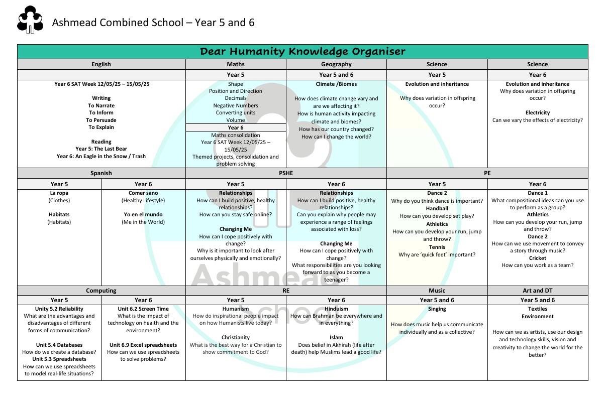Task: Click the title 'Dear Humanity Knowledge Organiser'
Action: click(x=303, y=52)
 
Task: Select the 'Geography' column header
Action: click(x=336, y=64)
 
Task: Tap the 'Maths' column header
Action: click(x=236, y=64)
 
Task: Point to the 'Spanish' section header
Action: click(x=101, y=173)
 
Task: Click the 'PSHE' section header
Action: click(x=286, y=173)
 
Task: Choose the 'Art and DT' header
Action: click(x=537, y=291)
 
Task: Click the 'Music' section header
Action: click(x=437, y=291)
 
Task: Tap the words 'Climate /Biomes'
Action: click(x=336, y=84)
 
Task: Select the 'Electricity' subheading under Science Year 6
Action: click(x=537, y=113)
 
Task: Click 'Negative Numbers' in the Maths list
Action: click(x=236, y=106)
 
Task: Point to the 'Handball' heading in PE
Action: click(x=437, y=208)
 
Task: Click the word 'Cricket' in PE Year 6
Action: click(x=537, y=258)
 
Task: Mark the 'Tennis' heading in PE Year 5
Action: click(x=437, y=247)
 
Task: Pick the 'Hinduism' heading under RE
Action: click(x=336, y=309)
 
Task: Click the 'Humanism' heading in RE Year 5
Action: click(x=236, y=309)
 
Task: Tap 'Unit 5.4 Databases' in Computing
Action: click(x=59, y=345)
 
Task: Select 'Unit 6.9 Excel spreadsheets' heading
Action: click(x=143, y=345)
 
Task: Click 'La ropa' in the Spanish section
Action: click(x=59, y=193)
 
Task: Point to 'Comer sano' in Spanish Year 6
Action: click(x=143, y=193)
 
